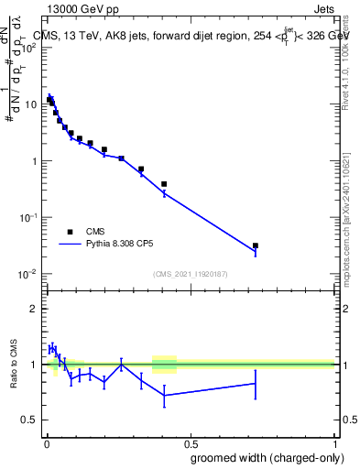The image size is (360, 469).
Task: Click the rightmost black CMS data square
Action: coord(256,245)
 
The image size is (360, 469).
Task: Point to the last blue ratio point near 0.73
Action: coord(256,384)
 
